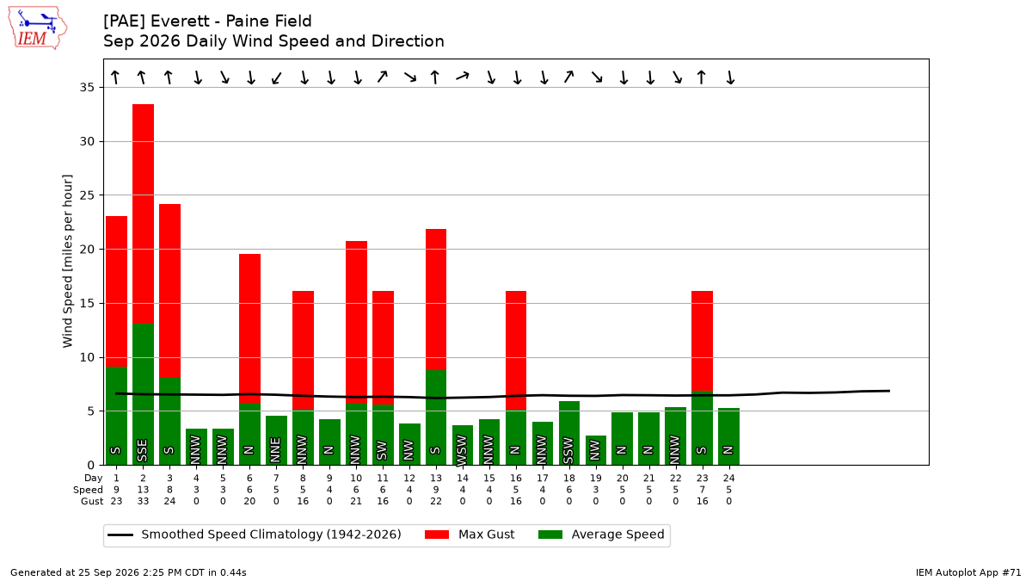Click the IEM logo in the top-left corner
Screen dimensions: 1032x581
click(38, 28)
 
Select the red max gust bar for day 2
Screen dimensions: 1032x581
click(144, 214)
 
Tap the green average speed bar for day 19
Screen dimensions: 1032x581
click(596, 450)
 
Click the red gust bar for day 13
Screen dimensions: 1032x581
click(436, 300)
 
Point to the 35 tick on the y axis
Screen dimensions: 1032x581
click(87, 87)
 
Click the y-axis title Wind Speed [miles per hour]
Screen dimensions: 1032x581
click(68, 261)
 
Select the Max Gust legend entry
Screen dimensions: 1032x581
click(470, 535)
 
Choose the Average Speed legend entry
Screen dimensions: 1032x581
click(601, 535)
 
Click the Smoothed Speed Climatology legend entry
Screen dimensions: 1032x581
click(255, 535)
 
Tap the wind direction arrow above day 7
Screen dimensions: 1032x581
click(276, 78)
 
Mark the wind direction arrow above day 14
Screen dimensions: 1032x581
click(463, 76)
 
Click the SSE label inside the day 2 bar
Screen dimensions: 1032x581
click(143, 450)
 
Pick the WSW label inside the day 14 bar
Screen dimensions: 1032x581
click(462, 450)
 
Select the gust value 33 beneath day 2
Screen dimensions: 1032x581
click(144, 501)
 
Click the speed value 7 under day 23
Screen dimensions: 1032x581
click(702, 490)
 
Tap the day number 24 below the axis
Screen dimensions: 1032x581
click(729, 479)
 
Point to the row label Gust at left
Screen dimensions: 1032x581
click(92, 501)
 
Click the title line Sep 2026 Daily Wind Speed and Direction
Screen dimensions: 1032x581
click(273, 41)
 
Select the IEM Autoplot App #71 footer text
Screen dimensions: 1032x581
click(968, 572)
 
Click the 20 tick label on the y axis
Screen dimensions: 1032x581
click(87, 249)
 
